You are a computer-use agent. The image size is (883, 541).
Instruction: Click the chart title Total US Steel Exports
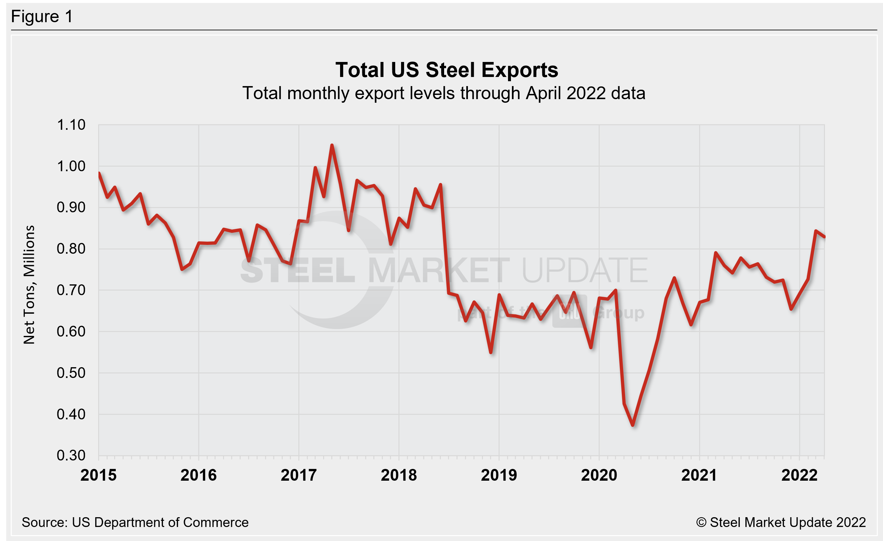(x=446, y=70)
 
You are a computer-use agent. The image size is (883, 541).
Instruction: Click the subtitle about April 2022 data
(x=444, y=93)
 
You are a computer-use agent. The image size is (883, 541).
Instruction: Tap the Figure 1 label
(x=42, y=17)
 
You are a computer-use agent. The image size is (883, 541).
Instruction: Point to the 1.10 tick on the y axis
(x=71, y=125)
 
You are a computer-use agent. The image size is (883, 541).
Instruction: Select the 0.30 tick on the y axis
(x=71, y=455)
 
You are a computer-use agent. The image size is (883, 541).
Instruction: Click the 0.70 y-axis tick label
(x=71, y=290)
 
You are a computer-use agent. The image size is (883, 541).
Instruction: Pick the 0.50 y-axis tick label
(x=71, y=373)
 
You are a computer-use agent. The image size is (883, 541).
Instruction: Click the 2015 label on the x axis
(x=98, y=475)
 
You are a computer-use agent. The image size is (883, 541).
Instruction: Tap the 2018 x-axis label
(x=399, y=475)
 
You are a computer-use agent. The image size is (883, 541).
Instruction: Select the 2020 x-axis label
(x=599, y=475)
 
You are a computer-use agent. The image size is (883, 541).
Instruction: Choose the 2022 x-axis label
(x=799, y=475)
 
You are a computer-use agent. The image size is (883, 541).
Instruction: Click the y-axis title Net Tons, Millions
(x=29, y=285)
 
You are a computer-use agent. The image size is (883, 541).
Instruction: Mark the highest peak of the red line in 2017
(x=332, y=145)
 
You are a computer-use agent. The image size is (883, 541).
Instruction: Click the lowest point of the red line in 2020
(x=633, y=425)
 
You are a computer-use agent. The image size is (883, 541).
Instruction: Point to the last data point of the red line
(x=824, y=237)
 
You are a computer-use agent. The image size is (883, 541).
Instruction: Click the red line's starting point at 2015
(x=99, y=173)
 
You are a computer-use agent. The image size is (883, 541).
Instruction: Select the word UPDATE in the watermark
(x=585, y=271)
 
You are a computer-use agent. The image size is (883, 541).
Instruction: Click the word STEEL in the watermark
(x=297, y=271)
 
